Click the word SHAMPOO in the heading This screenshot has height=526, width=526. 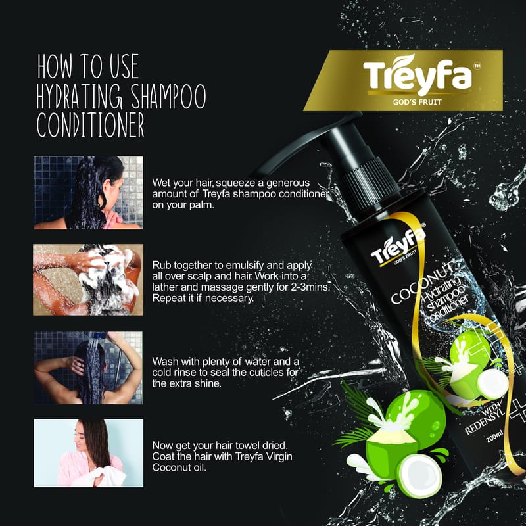(168, 96)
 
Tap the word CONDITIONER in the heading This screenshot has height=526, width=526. (91, 125)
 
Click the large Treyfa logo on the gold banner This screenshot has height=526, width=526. (418, 75)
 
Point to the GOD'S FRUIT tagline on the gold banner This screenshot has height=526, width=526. (418, 102)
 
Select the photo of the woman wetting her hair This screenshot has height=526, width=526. (88, 193)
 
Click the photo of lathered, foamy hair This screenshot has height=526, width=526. (88, 280)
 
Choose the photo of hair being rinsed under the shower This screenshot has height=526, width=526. (88, 368)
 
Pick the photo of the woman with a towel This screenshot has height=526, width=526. (89, 453)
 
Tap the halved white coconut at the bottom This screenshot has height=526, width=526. (420, 476)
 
